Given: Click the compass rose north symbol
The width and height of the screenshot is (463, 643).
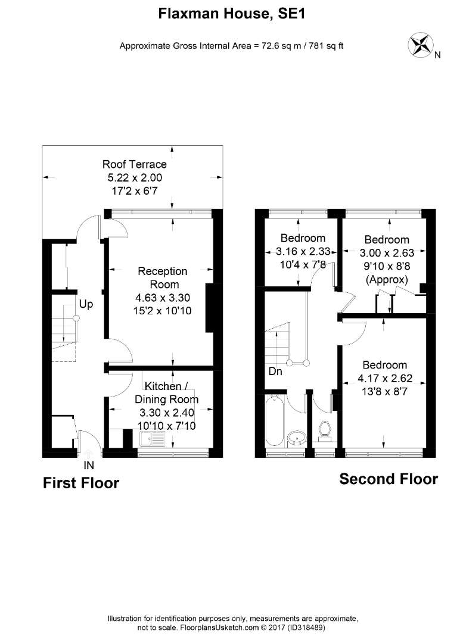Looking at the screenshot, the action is point(421,45).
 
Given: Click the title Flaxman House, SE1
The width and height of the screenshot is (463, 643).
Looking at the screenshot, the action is point(232,14).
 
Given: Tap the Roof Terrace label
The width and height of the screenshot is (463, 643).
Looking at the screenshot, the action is point(135,164).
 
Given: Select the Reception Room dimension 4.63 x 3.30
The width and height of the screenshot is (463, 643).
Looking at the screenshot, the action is point(163,298).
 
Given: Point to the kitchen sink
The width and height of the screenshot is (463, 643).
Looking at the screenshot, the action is point(152,439).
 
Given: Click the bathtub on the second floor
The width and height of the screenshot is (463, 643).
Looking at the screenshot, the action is point(274,420).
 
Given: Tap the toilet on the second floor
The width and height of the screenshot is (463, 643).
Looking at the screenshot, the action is point(325,431).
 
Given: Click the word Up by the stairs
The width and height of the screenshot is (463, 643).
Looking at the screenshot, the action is point(86,305).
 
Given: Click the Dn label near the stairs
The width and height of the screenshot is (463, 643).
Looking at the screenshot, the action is point(275,371).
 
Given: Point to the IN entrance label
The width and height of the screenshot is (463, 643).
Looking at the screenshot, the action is point(89,465).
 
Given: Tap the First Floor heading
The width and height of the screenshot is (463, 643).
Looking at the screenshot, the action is point(81,483).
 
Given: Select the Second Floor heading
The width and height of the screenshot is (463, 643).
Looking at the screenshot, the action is point(389,479).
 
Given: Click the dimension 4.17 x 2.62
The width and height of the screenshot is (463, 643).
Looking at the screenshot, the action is point(385,378).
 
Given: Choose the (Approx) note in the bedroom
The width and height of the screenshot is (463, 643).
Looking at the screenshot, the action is point(387,280).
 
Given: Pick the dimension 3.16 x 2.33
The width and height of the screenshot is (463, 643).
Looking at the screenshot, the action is point(303,251).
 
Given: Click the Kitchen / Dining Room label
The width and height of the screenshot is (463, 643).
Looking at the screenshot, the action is point(167,392).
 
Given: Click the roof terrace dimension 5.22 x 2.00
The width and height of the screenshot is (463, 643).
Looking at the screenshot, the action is point(135,177).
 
